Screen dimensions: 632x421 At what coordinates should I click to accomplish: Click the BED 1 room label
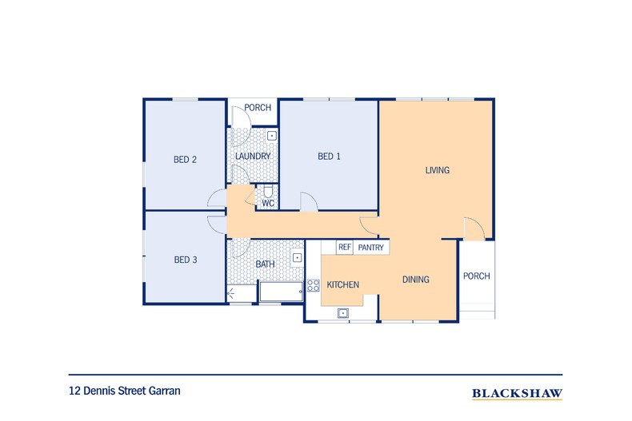click(329, 156)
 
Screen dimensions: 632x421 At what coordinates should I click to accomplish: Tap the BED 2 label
click(185, 160)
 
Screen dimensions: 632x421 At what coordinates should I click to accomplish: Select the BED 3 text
click(186, 260)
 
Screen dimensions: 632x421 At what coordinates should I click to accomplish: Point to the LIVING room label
click(438, 170)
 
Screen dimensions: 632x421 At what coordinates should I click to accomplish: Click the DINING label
click(415, 280)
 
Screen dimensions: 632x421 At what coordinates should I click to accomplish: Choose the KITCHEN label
click(342, 284)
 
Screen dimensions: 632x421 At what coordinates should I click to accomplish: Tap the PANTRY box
click(371, 248)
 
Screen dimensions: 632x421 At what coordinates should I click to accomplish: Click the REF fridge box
click(345, 247)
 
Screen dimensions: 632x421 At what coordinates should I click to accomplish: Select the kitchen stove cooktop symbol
click(313, 285)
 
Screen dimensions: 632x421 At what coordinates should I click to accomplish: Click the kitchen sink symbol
click(343, 312)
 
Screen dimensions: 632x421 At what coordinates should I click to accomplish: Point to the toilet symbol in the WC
click(268, 192)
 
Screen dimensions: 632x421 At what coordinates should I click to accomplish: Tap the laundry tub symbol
click(272, 136)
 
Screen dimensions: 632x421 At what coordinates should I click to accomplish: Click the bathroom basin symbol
click(297, 257)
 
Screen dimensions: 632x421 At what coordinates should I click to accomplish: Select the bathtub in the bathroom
click(282, 292)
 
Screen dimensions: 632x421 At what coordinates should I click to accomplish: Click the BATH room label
click(266, 264)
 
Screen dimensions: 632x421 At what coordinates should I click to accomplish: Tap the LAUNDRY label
click(253, 156)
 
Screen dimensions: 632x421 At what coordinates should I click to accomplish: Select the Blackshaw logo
click(517, 393)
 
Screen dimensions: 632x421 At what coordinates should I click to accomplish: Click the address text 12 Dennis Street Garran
click(125, 391)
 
